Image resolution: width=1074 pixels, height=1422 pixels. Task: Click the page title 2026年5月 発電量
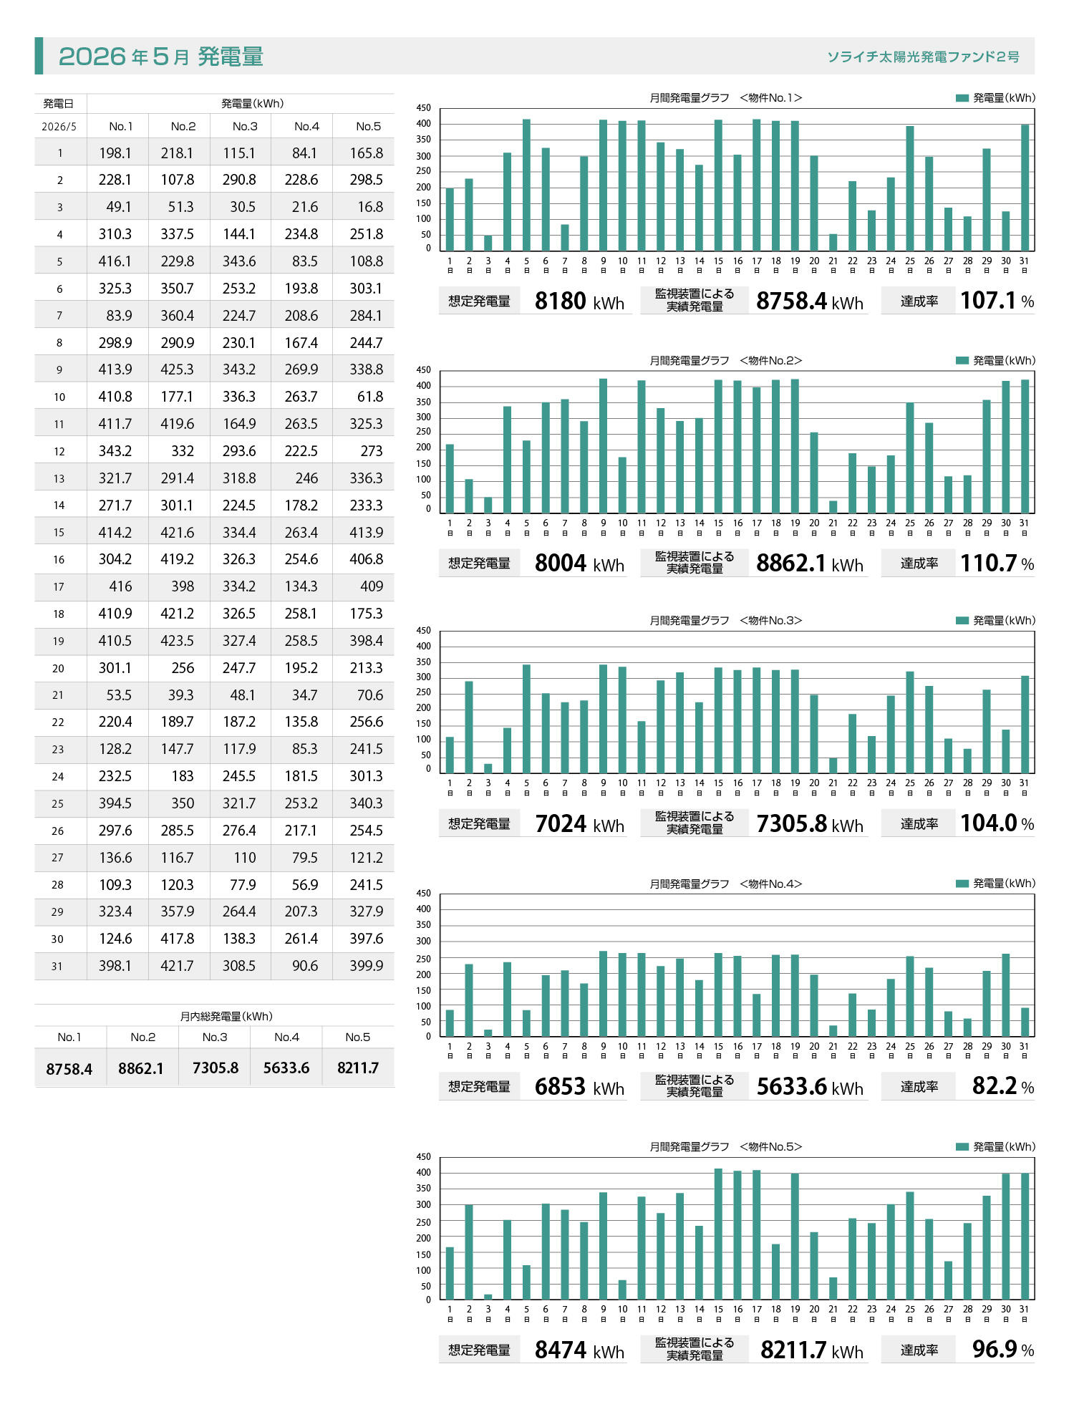[161, 56]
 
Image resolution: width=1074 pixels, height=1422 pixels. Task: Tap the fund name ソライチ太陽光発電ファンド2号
[923, 57]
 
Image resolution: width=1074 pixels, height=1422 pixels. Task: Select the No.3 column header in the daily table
[245, 126]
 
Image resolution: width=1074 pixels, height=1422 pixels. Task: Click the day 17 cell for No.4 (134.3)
[301, 586]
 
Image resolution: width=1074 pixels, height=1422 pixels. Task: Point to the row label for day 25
[58, 803]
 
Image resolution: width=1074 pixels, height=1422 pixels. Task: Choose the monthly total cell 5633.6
[286, 1068]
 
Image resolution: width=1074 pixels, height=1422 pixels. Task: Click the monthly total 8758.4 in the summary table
[69, 1069]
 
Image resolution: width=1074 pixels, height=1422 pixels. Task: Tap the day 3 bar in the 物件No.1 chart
[488, 243]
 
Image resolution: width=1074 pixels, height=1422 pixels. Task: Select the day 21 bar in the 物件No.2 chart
[833, 507]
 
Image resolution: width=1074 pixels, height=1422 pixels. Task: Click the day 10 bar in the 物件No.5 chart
[622, 1290]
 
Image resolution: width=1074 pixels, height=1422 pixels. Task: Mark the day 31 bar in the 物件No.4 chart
[1025, 1022]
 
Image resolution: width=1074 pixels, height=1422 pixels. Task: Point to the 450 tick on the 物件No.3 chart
[424, 631]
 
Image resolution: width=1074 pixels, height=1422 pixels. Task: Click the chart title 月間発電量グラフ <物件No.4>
[726, 884]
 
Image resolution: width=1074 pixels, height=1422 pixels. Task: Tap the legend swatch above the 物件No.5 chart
[962, 1147]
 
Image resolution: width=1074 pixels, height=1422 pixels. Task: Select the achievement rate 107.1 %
[997, 301]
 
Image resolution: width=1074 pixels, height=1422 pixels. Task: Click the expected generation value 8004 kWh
[579, 564]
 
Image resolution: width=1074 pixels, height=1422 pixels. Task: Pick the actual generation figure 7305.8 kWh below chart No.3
[810, 824]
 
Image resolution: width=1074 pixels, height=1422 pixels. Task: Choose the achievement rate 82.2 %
[1003, 1086]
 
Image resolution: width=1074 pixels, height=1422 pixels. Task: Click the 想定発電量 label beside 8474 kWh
[480, 1350]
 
